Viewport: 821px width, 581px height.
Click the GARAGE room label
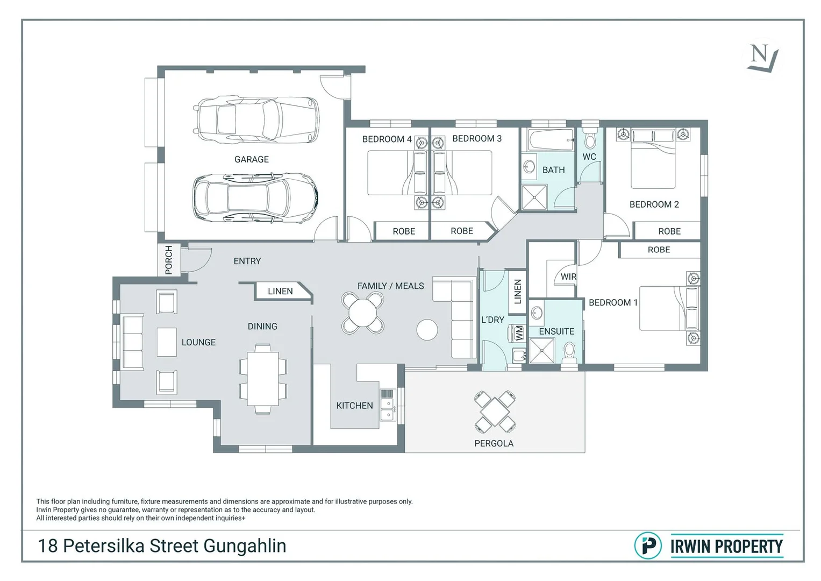[251, 159]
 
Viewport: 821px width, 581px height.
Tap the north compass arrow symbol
[762, 58]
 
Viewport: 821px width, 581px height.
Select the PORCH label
[169, 260]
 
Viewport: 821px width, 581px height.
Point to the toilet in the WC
[590, 140]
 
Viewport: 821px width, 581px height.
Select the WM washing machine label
[519, 333]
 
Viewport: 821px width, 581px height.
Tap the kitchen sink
[387, 408]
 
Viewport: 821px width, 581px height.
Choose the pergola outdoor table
[495, 413]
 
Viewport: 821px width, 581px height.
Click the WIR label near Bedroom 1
[568, 277]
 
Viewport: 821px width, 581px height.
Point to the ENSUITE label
[556, 331]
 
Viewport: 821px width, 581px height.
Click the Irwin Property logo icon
[648, 545]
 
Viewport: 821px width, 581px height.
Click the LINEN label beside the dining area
[280, 291]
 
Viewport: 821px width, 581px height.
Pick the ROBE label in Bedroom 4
[404, 231]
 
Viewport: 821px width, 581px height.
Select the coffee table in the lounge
[167, 342]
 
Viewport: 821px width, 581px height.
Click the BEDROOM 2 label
[654, 204]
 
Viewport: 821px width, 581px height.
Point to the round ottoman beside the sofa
[427, 330]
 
